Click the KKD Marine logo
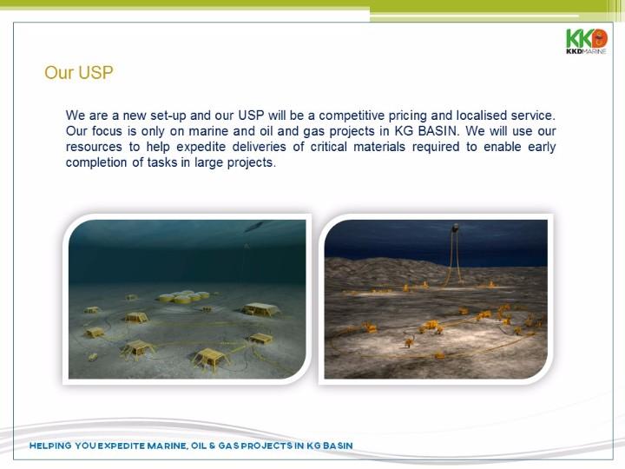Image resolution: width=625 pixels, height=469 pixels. point(586,41)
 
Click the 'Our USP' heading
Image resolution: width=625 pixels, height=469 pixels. point(79,73)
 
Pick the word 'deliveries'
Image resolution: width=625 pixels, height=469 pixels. point(259,147)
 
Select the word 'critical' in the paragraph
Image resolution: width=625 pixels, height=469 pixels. point(328,147)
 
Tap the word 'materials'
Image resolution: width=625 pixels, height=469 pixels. point(379,147)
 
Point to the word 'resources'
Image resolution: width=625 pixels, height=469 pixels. point(94,147)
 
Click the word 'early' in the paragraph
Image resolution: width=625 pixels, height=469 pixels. point(542,147)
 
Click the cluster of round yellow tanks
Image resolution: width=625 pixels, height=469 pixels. point(184,297)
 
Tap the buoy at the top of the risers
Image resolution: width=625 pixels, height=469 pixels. point(455,228)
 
